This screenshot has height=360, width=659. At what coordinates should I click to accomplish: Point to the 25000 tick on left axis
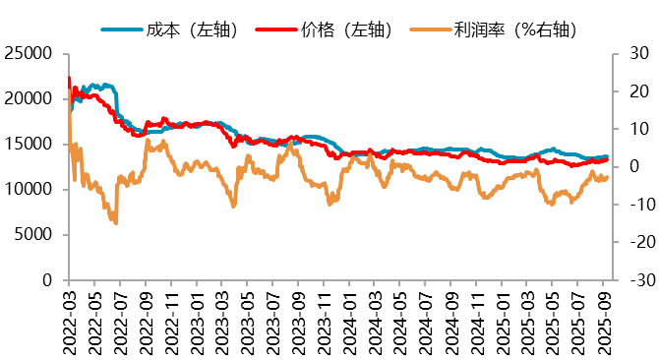coord(31,54)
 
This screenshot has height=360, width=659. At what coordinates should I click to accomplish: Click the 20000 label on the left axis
coord(31,99)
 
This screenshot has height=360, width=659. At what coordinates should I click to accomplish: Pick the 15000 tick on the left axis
coord(31,145)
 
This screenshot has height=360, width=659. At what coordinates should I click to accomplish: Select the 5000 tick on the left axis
coord(36,235)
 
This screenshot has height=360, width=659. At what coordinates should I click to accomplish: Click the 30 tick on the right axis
coord(629,54)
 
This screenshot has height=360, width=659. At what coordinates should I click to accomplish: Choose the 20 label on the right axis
coord(629,91)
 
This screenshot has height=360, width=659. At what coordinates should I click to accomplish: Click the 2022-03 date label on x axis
coord(70,320)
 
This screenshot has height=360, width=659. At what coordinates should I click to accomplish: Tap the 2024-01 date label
coord(348,320)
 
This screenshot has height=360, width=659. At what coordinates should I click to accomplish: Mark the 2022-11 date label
coord(171,320)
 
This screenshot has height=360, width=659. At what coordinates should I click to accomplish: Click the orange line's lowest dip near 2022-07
coord(116,222)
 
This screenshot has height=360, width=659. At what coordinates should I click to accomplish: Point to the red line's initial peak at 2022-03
coord(69,78)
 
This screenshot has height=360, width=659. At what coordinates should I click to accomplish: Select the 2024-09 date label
coord(449,320)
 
